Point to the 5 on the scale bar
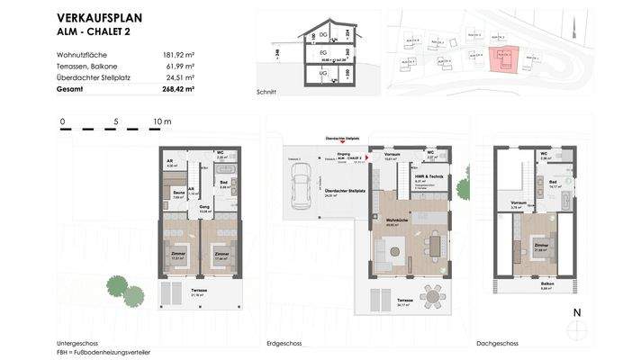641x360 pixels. (116, 121)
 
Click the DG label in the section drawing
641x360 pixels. (323, 35)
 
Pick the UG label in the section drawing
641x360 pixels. (323, 73)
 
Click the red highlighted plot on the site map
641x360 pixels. (497, 58)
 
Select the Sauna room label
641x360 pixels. (178, 193)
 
